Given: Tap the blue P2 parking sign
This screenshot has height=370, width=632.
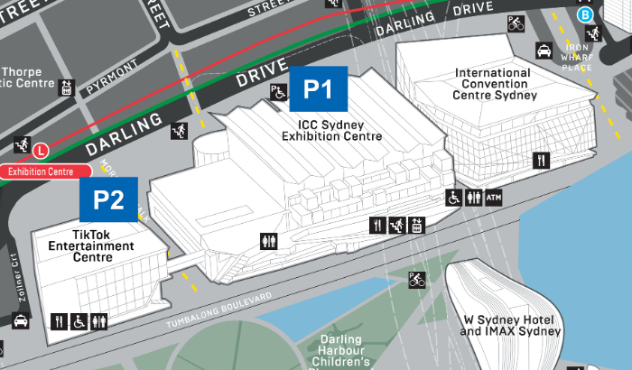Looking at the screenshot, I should click(x=109, y=199).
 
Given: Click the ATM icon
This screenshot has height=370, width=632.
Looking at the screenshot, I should click(x=493, y=199).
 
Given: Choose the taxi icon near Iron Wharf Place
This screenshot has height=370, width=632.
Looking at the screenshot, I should click(x=544, y=50).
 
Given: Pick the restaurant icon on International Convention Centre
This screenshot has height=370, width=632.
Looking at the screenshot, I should click(x=541, y=161).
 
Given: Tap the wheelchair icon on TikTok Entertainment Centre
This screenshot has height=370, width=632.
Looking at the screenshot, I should click(x=79, y=320).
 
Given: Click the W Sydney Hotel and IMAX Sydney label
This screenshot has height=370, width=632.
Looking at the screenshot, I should click(x=511, y=325).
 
